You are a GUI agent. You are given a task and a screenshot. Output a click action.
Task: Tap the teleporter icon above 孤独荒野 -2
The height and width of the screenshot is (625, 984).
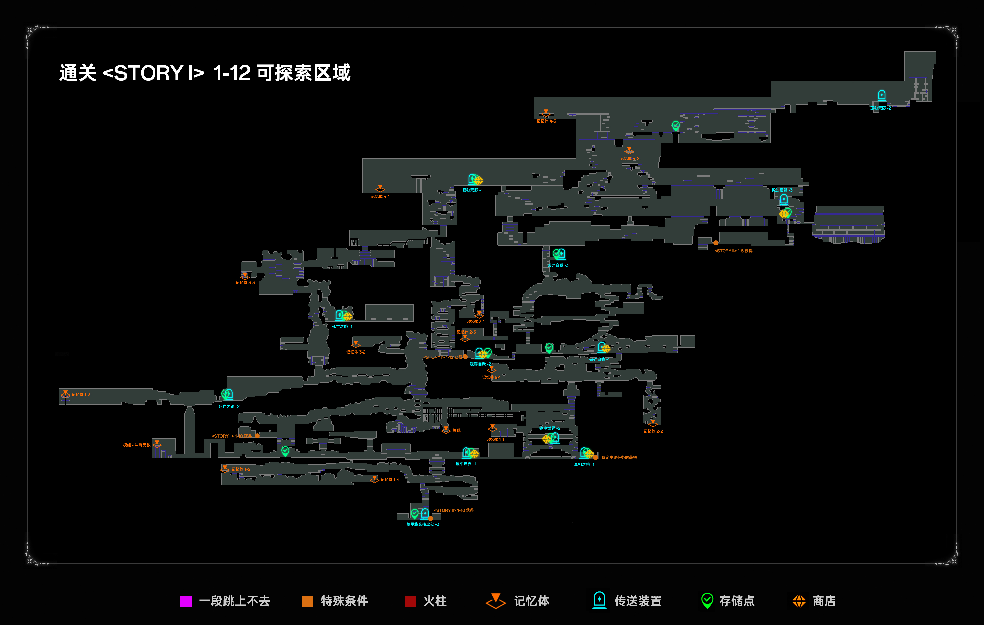[x=881, y=95]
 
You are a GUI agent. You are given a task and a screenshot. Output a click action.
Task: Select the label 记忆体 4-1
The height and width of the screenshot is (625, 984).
[x=380, y=196]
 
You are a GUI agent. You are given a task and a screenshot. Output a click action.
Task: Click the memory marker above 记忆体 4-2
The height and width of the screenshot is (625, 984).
[x=629, y=150]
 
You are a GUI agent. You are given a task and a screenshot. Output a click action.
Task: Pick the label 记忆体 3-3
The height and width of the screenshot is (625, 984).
[x=245, y=283]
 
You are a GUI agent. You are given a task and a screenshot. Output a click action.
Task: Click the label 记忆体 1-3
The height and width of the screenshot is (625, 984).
[x=81, y=394]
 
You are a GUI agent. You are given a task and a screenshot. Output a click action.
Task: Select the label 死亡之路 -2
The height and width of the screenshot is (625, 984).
[x=229, y=406]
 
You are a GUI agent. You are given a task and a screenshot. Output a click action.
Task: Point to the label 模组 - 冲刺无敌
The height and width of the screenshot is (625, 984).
[x=137, y=445]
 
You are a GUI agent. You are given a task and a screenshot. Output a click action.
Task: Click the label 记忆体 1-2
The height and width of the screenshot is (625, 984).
[x=241, y=469]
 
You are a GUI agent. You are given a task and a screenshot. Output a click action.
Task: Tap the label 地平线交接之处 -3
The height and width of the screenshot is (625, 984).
[x=422, y=524]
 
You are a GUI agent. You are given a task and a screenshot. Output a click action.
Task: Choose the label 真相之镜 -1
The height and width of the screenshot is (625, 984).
[x=584, y=464]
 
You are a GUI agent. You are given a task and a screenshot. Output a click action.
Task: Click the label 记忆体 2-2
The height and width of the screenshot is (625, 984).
[x=653, y=431]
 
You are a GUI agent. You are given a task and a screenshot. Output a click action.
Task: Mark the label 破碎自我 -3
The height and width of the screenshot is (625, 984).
[x=558, y=265]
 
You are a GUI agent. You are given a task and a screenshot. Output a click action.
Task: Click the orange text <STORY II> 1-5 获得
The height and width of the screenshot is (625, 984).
[x=733, y=251]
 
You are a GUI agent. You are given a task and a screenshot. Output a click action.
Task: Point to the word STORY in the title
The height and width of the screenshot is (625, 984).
[x=148, y=73]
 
